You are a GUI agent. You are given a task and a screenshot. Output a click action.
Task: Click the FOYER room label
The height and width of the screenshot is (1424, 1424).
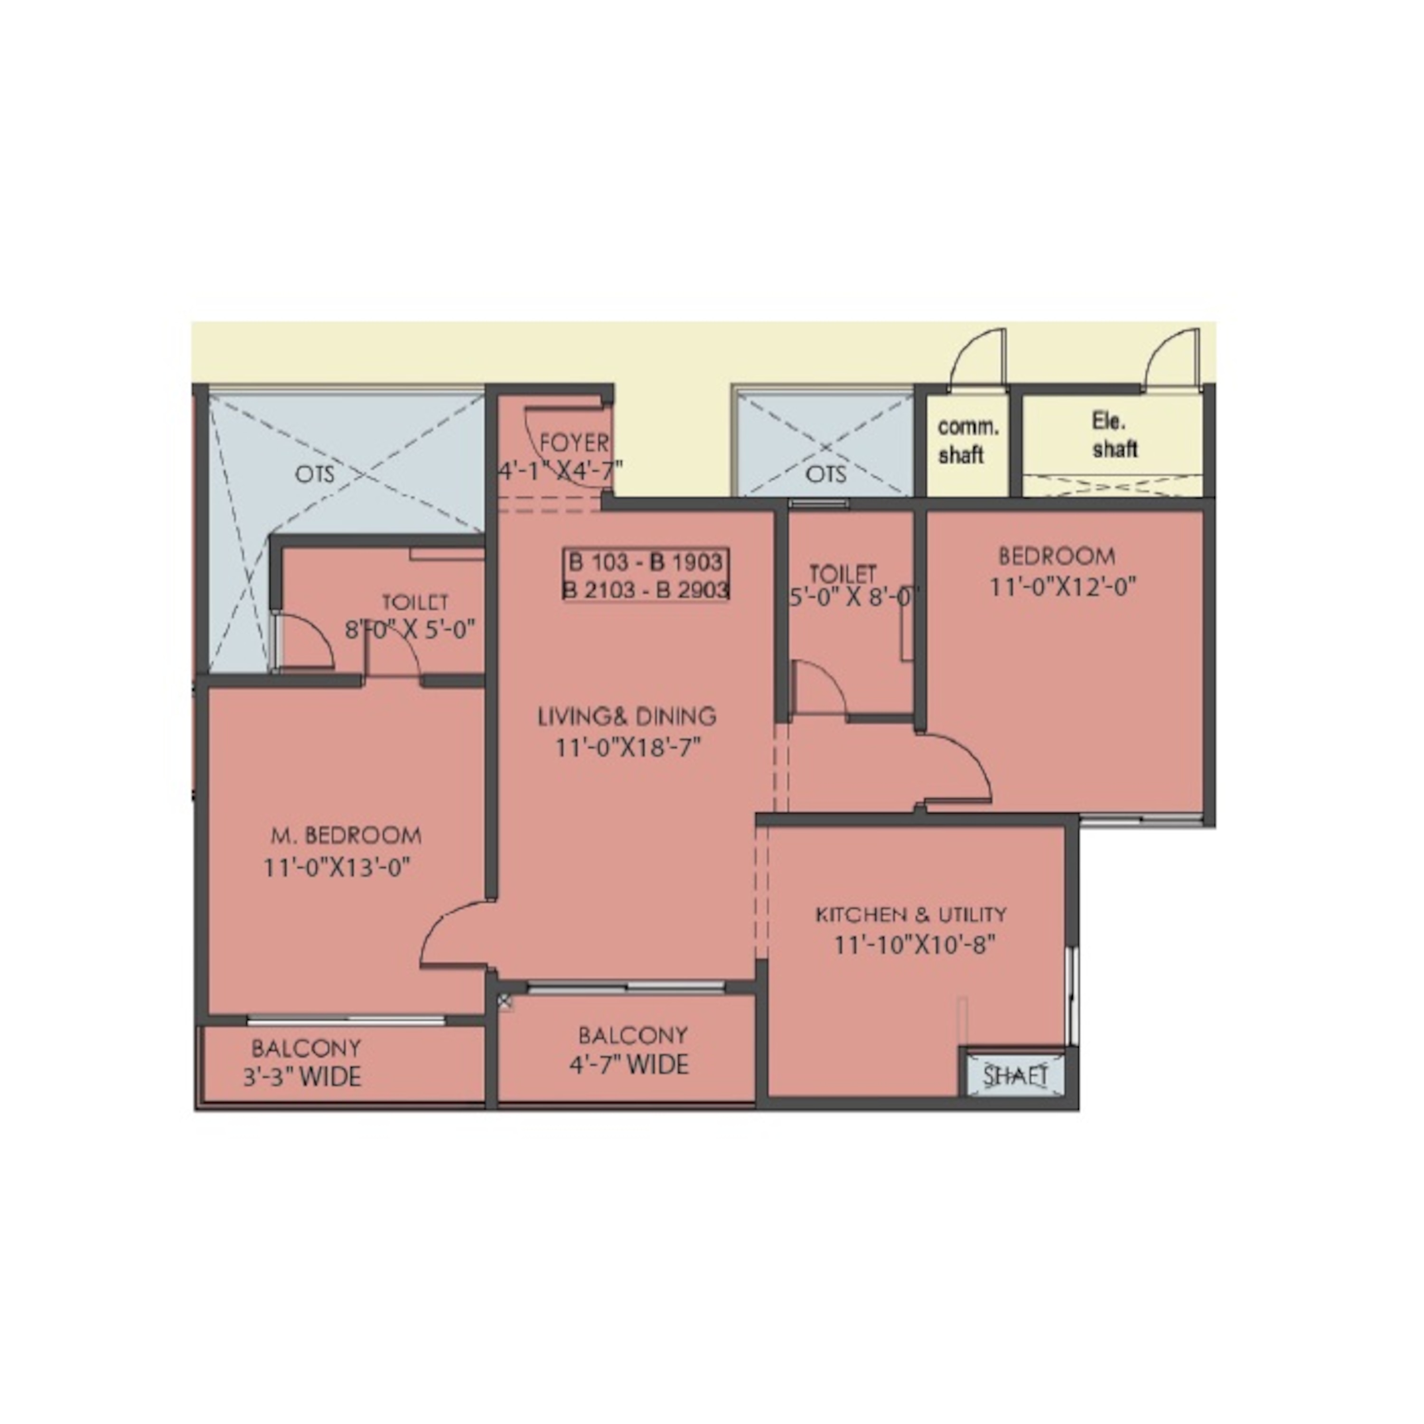(574, 443)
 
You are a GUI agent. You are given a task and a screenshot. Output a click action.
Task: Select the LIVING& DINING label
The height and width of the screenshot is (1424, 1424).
(627, 716)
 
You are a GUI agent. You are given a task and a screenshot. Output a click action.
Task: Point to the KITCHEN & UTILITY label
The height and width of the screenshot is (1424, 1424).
(911, 915)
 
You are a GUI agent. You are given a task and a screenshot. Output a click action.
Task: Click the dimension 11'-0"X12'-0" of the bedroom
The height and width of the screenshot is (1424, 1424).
(1063, 588)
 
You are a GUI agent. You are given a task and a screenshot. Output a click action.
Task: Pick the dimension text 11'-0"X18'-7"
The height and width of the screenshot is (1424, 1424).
(627, 748)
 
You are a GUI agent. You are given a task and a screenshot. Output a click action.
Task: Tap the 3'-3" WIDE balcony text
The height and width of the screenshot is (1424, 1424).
(302, 1077)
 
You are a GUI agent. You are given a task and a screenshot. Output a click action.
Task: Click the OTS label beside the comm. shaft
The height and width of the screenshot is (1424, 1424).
(825, 474)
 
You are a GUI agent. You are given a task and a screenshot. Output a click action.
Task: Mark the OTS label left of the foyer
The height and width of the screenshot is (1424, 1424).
(315, 474)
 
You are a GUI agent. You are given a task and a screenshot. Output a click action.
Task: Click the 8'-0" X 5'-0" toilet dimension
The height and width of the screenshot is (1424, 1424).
(410, 631)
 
